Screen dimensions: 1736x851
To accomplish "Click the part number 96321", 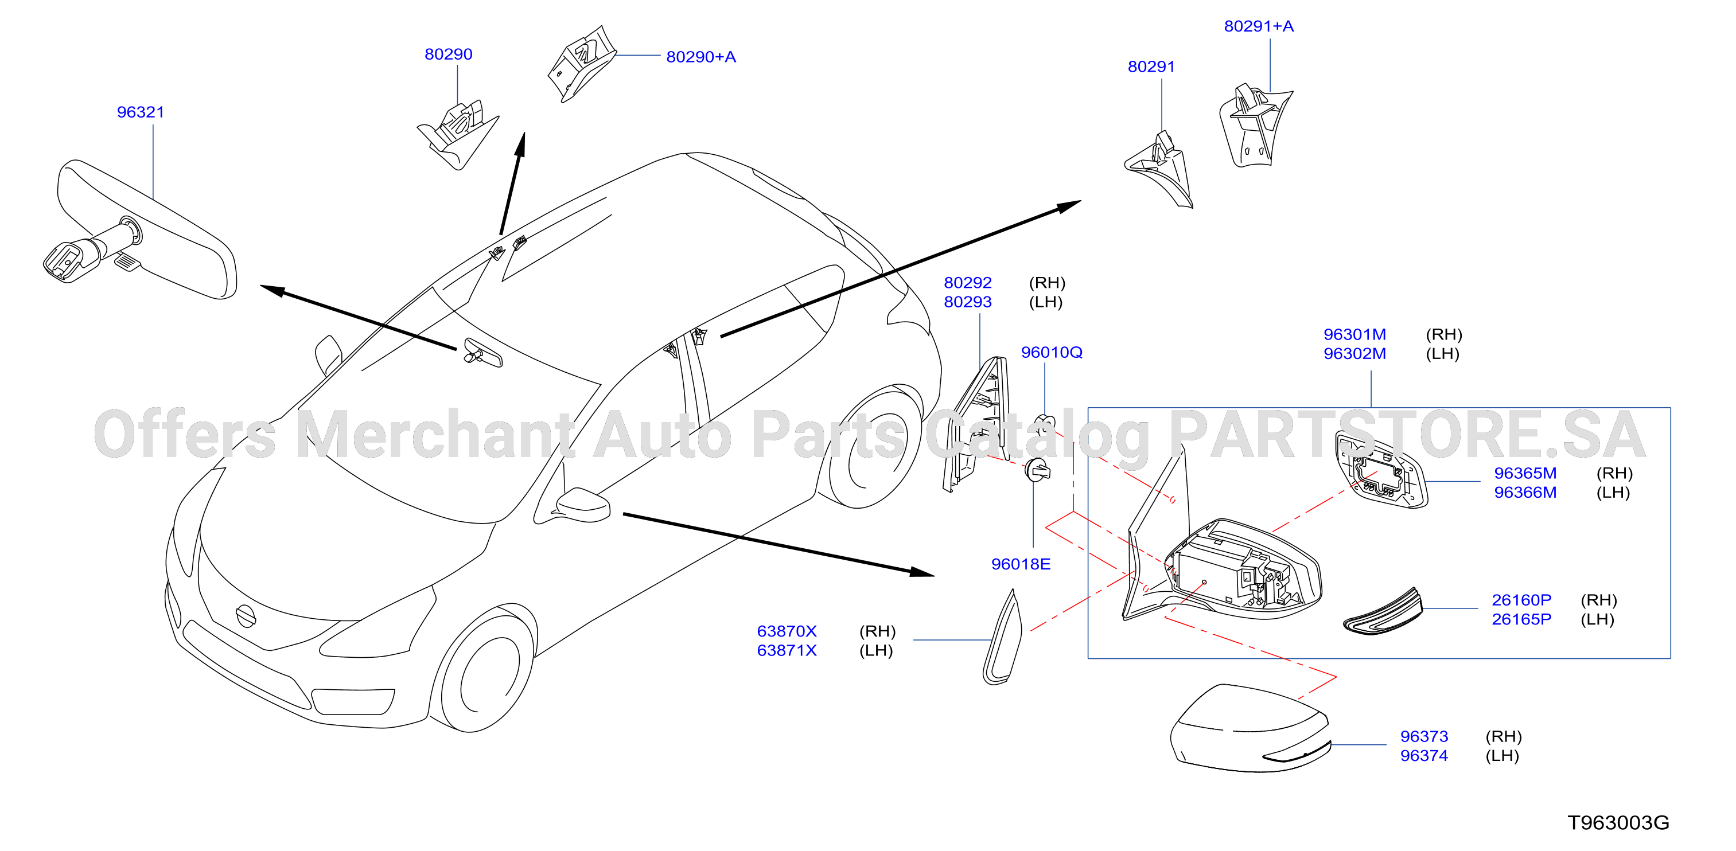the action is (x=140, y=112).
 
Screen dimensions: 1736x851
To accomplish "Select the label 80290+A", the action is (x=701, y=57).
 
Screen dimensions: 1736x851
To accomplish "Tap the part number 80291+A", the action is (x=1259, y=26).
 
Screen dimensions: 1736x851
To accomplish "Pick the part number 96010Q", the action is (x=1052, y=353).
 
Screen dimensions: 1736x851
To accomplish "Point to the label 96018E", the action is (x=1020, y=564).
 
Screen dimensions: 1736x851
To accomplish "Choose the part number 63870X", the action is (x=787, y=631).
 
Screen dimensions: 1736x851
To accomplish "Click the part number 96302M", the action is (x=1354, y=354).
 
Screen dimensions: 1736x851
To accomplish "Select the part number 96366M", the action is (x=1525, y=493).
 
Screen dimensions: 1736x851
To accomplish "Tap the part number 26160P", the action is (x=1521, y=600).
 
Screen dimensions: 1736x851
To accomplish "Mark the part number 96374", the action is (x=1424, y=756).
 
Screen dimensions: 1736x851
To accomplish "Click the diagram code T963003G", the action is (x=1618, y=823).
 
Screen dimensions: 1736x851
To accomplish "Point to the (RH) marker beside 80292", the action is (x=1046, y=283).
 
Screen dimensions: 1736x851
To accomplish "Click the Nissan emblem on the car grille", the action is (x=246, y=615).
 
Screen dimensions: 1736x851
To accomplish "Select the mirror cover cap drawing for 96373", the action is (x=1250, y=728).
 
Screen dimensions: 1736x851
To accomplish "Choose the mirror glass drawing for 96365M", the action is (x=1381, y=469).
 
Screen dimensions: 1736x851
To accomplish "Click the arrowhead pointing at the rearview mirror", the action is (x=273, y=290).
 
